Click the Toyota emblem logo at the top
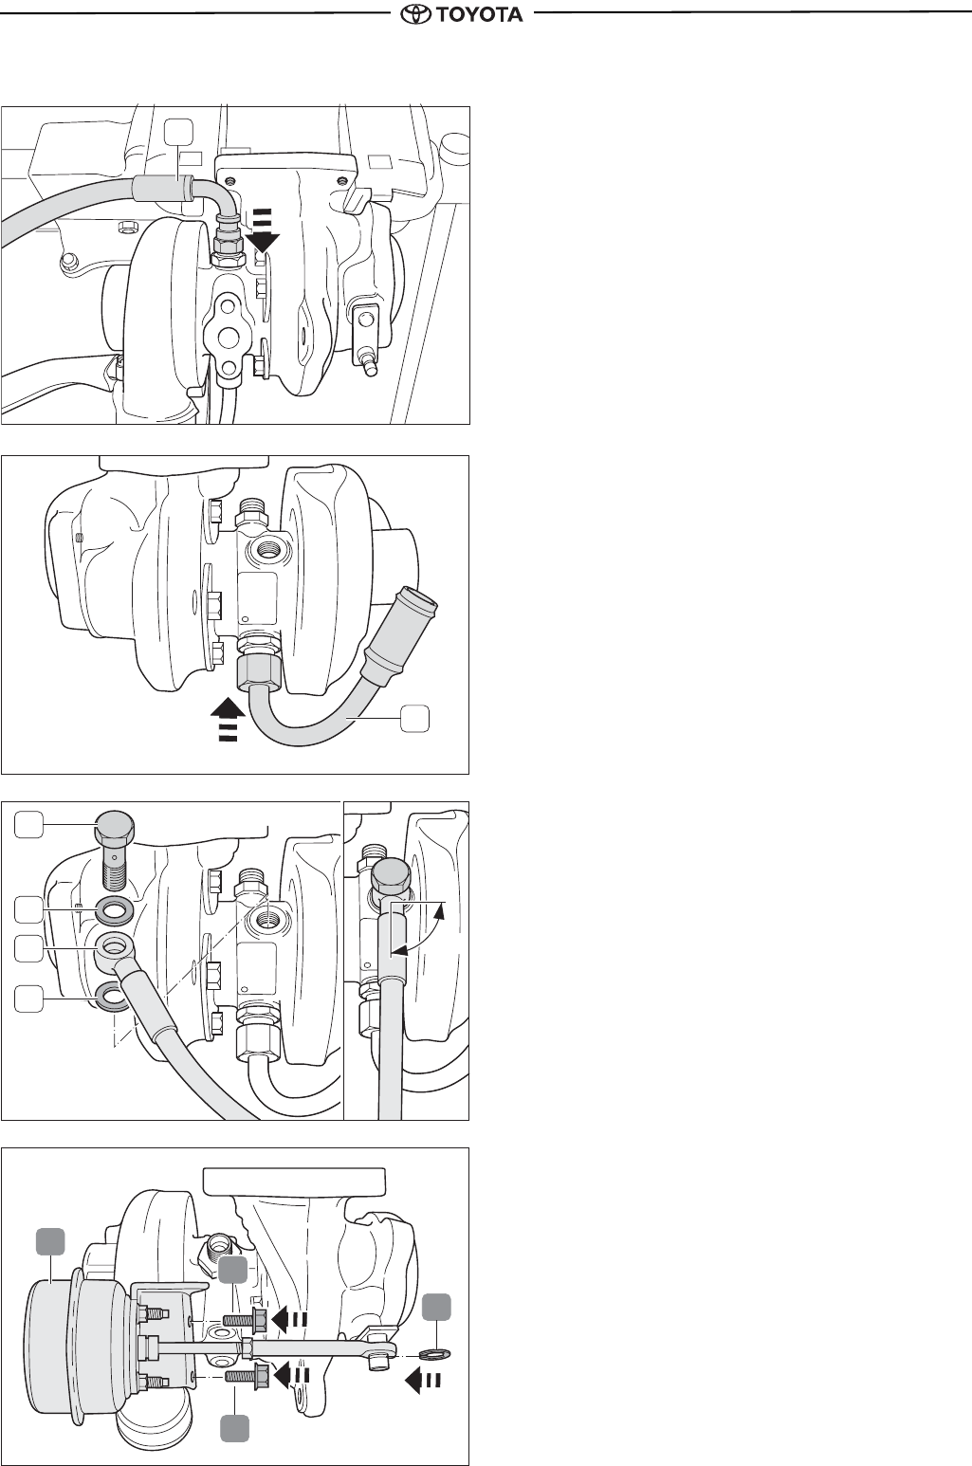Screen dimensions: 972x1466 [x=416, y=13]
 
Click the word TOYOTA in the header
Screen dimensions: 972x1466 [x=480, y=14]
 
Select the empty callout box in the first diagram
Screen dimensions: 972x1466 [x=178, y=132]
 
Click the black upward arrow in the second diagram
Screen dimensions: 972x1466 [x=229, y=719]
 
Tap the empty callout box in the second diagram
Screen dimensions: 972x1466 [x=415, y=718]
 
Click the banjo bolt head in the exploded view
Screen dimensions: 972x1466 [x=114, y=827]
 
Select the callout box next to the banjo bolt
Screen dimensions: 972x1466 [x=28, y=824]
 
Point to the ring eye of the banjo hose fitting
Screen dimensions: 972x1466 [x=115, y=947]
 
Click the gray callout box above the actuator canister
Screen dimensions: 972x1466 [x=50, y=1242]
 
